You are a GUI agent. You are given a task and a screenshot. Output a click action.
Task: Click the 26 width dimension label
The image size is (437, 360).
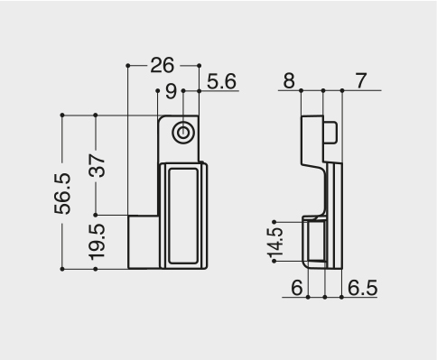[162, 65]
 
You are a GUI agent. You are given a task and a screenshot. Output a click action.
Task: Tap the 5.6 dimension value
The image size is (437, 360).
[221, 81]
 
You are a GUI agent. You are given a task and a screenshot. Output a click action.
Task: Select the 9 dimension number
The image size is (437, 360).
[171, 91]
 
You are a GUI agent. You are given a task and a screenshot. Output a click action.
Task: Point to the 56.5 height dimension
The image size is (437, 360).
[62, 194]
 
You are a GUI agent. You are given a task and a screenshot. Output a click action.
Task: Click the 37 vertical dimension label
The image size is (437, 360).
[97, 165]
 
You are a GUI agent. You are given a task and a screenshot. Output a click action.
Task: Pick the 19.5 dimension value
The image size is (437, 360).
[97, 242]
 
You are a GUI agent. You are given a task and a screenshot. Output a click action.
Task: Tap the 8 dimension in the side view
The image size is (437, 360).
[289, 81]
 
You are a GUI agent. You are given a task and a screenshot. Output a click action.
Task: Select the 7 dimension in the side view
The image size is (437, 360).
[361, 81]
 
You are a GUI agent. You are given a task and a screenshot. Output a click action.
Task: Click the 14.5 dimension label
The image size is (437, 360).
[275, 242]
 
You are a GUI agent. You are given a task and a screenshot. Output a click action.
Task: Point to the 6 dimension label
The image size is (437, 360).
[297, 288]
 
